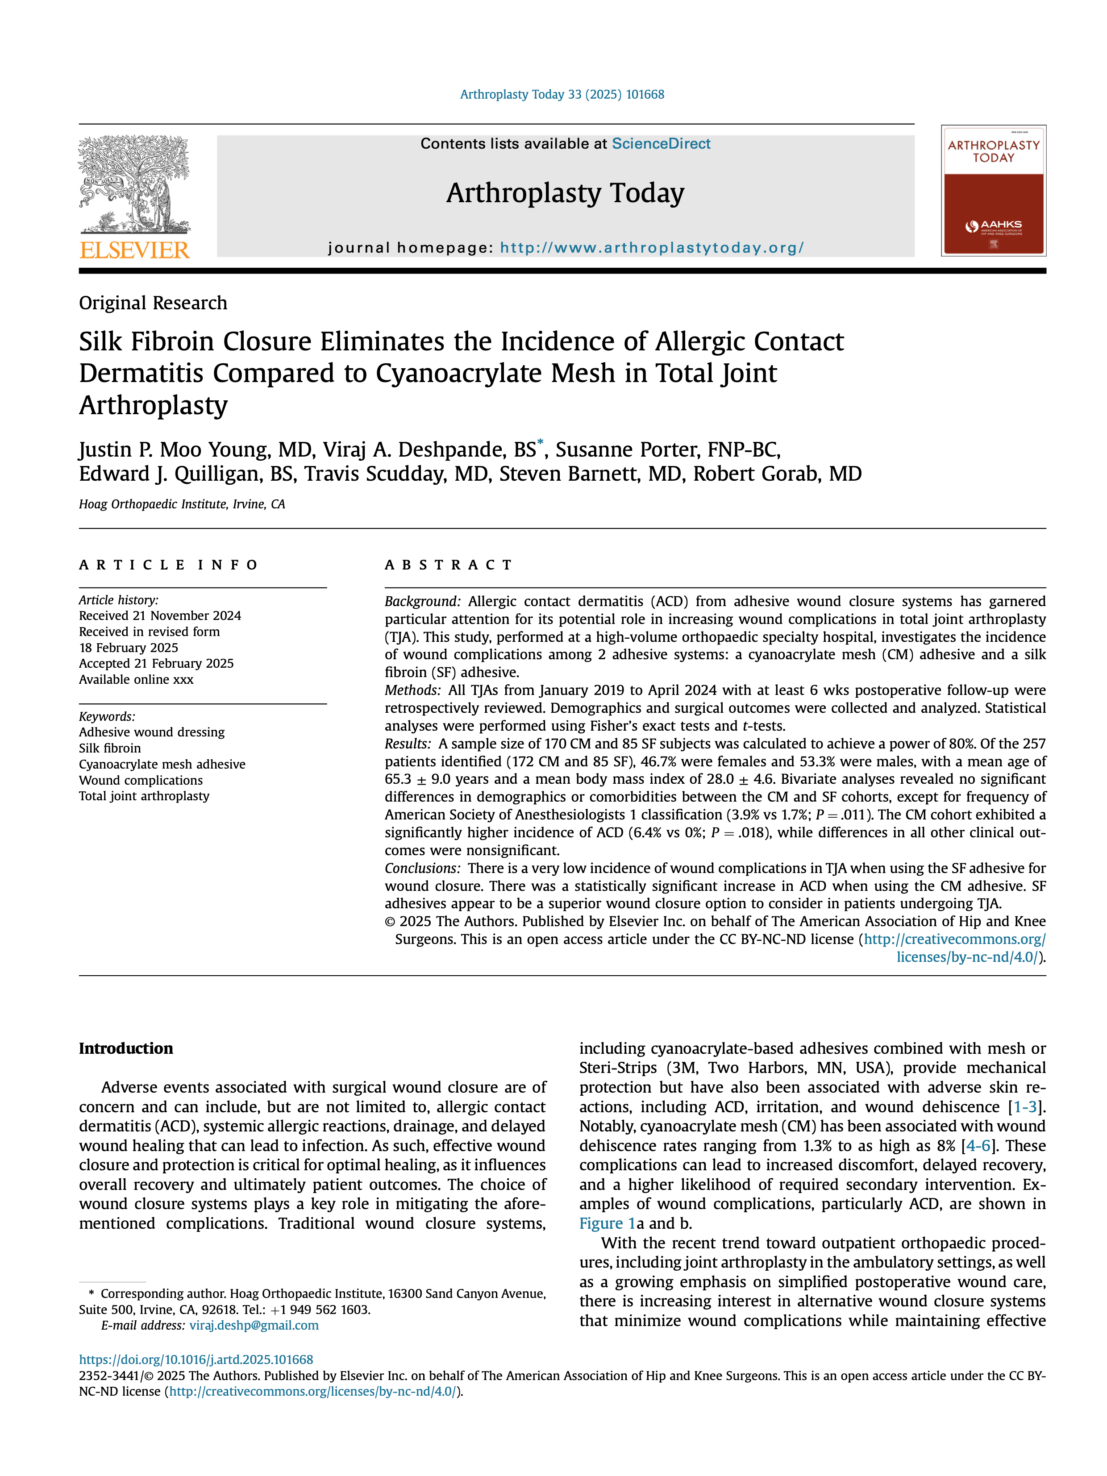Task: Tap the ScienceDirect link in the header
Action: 661,143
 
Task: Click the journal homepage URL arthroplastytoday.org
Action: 651,248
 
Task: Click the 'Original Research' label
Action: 153,303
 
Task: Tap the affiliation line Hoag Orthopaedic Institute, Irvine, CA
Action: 182,504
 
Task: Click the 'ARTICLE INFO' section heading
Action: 168,565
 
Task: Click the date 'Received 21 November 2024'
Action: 160,616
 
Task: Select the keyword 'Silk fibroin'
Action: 110,748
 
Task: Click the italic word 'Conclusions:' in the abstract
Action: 422,868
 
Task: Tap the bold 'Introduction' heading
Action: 125,1048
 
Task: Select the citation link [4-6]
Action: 978,1146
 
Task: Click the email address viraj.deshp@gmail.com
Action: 254,1325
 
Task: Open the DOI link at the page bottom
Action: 196,1359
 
